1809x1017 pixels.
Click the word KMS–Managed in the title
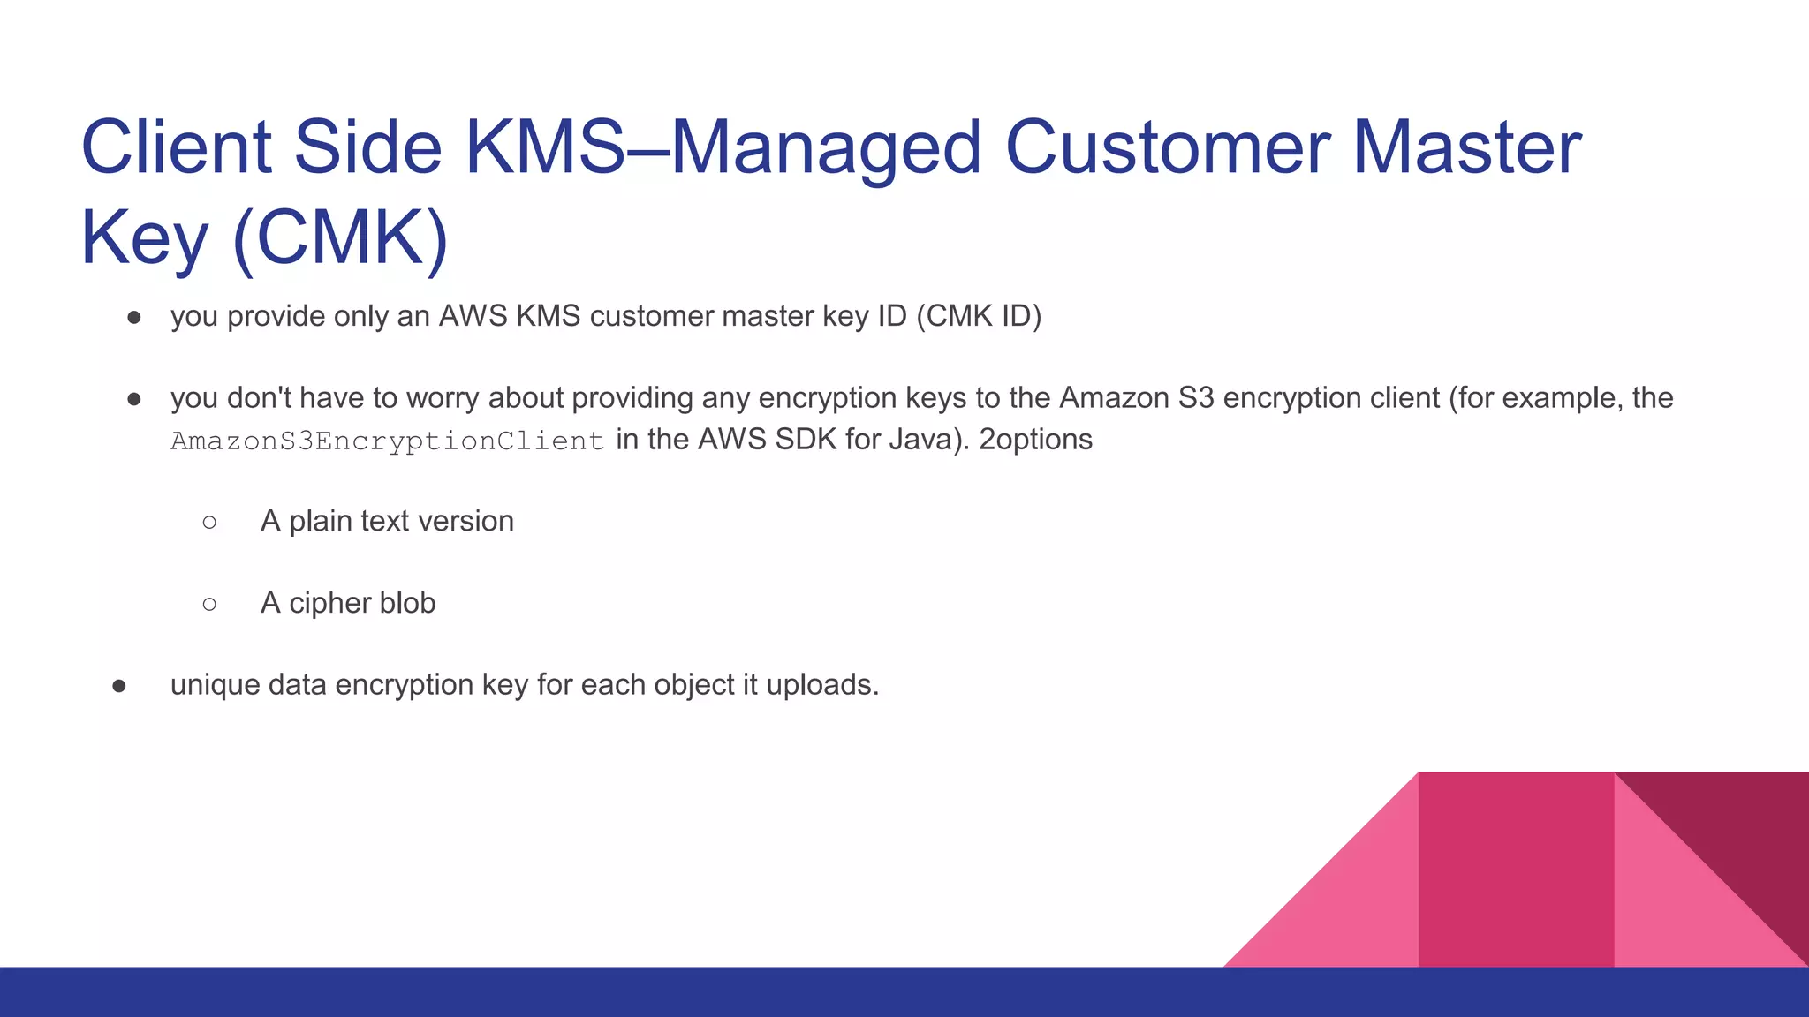click(723, 147)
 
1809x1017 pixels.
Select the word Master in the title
click(1467, 147)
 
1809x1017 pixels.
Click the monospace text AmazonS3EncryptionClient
click(387, 441)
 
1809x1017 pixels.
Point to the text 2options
click(1036, 440)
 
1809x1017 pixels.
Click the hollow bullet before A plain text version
click(209, 522)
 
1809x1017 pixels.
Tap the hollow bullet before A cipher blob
click(209, 604)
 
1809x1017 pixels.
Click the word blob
click(407, 603)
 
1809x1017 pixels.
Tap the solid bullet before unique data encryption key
click(119, 686)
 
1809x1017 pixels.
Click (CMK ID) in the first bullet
click(979, 316)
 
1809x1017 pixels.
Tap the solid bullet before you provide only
click(134, 317)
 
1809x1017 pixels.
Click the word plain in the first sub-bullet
click(322, 522)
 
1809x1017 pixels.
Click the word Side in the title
click(367, 147)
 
